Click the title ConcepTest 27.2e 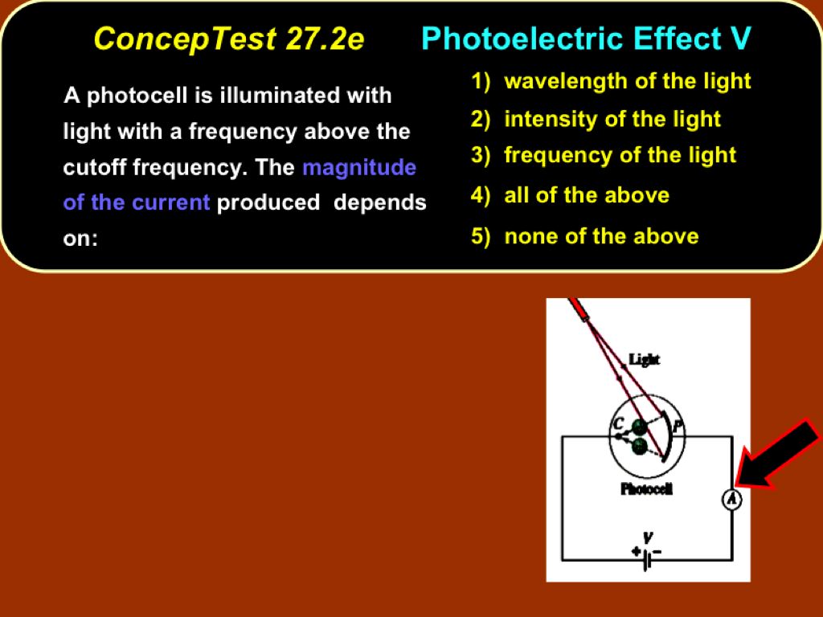pyautogui.click(x=229, y=39)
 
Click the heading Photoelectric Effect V pyautogui.click(x=586, y=39)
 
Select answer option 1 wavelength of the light pyautogui.click(x=611, y=81)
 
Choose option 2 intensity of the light pyautogui.click(x=596, y=119)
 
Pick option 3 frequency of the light pyautogui.click(x=604, y=155)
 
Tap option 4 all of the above pyautogui.click(x=570, y=195)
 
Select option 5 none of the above pyautogui.click(x=585, y=236)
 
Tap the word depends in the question pyautogui.click(x=380, y=203)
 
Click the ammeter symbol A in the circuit pyautogui.click(x=732, y=499)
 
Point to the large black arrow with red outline pyautogui.click(x=777, y=454)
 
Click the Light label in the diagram pyautogui.click(x=644, y=359)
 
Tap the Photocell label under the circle pyautogui.click(x=646, y=489)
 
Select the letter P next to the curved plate pyautogui.click(x=678, y=426)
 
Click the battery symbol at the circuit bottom pyautogui.click(x=649, y=559)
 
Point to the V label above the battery pyautogui.click(x=649, y=537)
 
